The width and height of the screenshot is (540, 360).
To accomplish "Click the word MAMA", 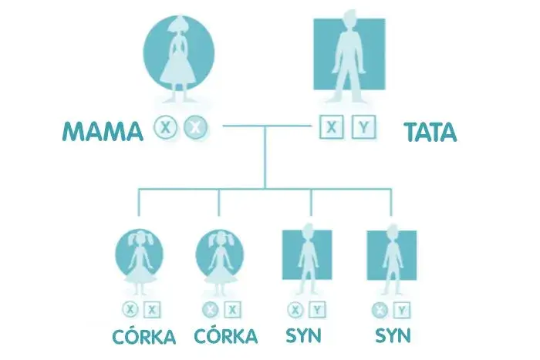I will pos(103,132).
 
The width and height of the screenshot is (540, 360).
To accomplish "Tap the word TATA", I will pos(430,132).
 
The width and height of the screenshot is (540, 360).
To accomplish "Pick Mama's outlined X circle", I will pos(165,126).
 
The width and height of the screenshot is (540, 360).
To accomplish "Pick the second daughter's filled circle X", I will pos(209,310).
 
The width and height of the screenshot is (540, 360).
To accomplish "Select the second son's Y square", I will pos(402,310).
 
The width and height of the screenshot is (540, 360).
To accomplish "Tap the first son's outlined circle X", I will pos(295,310).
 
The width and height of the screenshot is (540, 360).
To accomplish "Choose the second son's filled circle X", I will pos(380,310).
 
